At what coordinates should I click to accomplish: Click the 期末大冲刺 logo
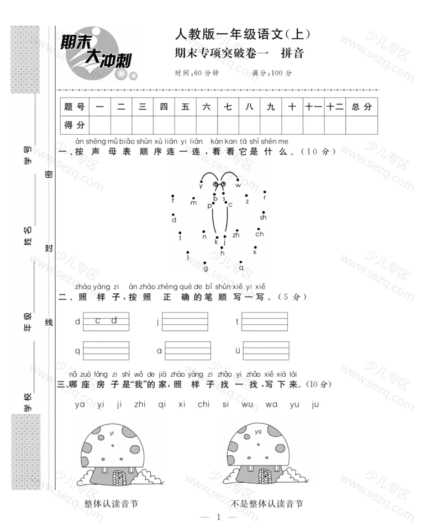(98, 55)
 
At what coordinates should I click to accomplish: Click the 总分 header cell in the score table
(361, 107)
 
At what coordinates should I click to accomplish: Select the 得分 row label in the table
(75, 125)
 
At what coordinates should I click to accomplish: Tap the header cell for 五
(185, 107)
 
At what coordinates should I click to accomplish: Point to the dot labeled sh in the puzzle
(264, 213)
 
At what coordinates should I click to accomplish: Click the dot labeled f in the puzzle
(173, 196)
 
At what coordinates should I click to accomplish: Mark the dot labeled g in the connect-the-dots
(205, 263)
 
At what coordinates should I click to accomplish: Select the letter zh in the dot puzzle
(236, 235)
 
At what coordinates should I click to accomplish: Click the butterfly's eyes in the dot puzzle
(219, 184)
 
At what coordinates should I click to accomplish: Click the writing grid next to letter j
(185, 321)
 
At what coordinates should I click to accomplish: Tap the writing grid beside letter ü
(266, 351)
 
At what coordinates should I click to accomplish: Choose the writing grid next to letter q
(106, 351)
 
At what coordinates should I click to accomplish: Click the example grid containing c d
(106, 321)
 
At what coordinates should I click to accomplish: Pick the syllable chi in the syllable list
(203, 404)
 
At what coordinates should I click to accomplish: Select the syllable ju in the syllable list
(315, 404)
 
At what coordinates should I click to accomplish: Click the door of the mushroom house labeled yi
(119, 477)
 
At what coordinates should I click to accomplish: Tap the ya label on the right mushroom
(258, 432)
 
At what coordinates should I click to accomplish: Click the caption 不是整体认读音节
(267, 504)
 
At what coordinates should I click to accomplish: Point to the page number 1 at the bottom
(219, 517)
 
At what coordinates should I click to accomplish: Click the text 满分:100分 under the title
(271, 73)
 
